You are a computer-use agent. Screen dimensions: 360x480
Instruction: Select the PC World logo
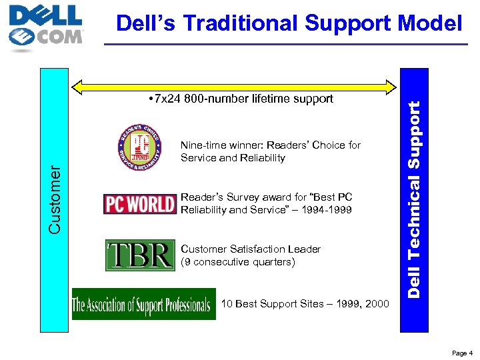(x=140, y=203)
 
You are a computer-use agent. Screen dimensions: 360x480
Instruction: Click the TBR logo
(x=140, y=255)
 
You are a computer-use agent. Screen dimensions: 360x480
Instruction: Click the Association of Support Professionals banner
(x=144, y=305)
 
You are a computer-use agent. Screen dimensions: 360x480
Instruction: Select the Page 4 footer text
(x=462, y=353)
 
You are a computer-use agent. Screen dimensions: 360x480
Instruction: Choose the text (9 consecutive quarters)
(x=237, y=262)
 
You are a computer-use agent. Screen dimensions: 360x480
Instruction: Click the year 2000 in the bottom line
(x=377, y=304)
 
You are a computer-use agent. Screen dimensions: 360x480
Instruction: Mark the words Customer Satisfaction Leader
(x=251, y=249)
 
